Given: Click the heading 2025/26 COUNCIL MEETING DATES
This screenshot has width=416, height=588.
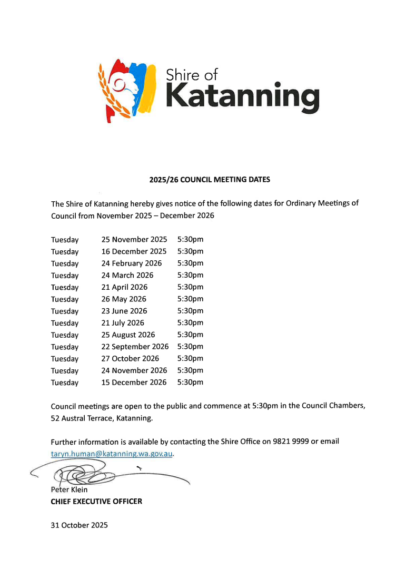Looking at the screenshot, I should tap(210, 180).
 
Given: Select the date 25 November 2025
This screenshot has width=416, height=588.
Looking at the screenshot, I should tap(134, 240).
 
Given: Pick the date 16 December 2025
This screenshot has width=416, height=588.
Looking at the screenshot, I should tap(134, 251).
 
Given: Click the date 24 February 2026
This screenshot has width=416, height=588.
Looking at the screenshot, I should tap(132, 263).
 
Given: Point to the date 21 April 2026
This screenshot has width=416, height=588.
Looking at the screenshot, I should tap(124, 287).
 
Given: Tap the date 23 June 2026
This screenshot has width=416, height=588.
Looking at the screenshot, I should tap(124, 311).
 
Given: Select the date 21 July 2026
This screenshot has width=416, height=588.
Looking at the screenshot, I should tap(123, 323).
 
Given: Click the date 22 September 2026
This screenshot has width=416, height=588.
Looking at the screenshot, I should tap(135, 347).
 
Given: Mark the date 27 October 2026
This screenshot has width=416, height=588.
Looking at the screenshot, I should tap(130, 359).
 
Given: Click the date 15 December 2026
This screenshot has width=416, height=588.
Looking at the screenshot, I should tap(134, 383).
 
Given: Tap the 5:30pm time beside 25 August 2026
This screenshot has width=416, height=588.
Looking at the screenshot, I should tap(190, 335).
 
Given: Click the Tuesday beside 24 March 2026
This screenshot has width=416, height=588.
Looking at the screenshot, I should tap(65, 276).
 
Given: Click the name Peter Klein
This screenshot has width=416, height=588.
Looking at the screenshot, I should tap(69, 490).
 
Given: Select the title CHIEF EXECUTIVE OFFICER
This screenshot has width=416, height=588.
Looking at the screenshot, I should tap(96, 502).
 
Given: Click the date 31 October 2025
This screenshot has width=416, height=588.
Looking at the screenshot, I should tap(79, 525).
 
